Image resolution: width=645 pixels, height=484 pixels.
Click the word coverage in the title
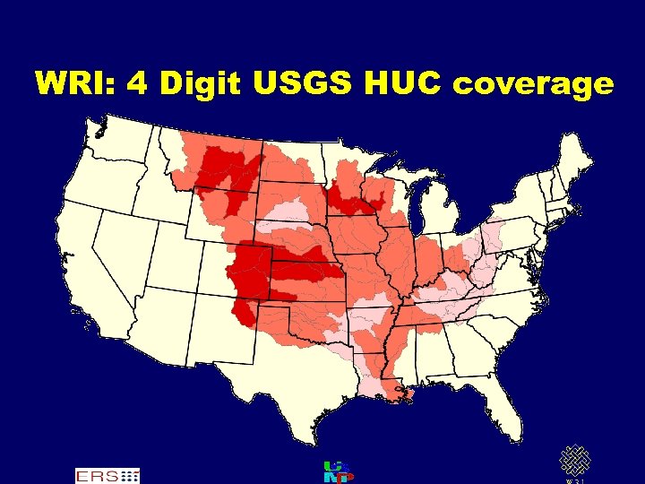(x=534, y=84)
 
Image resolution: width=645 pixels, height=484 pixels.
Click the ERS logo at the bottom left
(x=107, y=474)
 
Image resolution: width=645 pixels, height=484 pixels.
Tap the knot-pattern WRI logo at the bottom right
(x=574, y=462)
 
